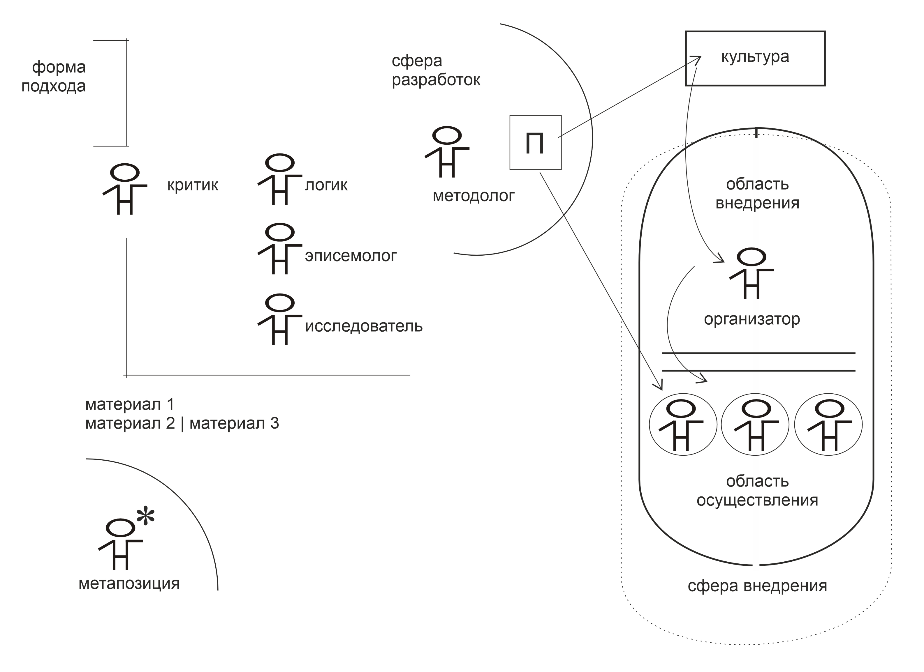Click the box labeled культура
pyautogui.click(x=755, y=58)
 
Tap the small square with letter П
pyautogui.click(x=535, y=142)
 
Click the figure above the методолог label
pyautogui.click(x=447, y=152)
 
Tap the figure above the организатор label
pyautogui.click(x=751, y=273)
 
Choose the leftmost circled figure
pyautogui.click(x=683, y=425)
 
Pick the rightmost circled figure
pyautogui.click(x=828, y=425)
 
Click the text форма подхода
pyautogui.click(x=54, y=77)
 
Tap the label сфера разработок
pyautogui.click(x=436, y=70)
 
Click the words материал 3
pyautogui.click(x=234, y=424)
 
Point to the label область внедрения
pyautogui.click(x=757, y=193)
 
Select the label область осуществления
pyautogui.click(x=757, y=491)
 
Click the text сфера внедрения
pyautogui.click(x=757, y=586)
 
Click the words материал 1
pyautogui.click(x=130, y=404)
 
